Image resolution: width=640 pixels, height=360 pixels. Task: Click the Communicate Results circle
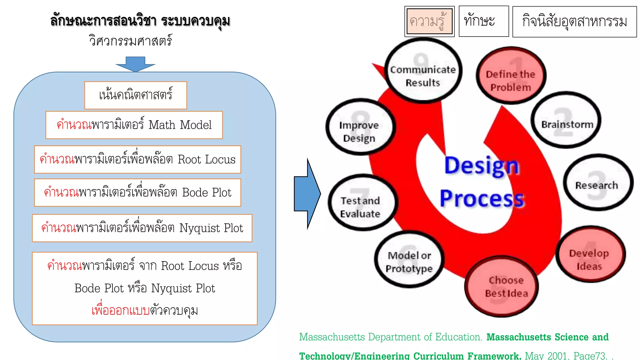click(423, 71)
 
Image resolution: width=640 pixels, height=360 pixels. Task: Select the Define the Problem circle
click(511, 76)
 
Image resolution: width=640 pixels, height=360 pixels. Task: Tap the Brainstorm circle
click(566, 120)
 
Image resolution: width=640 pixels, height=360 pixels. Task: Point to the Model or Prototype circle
click(409, 260)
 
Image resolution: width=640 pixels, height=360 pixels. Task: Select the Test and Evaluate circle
click(362, 203)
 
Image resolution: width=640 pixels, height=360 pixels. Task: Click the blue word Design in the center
click(482, 166)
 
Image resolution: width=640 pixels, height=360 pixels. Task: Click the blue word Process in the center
click(482, 199)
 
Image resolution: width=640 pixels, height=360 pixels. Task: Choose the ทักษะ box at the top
click(483, 21)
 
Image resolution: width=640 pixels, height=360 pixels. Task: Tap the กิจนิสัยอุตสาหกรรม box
click(574, 22)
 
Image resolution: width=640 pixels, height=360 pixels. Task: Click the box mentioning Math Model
click(134, 125)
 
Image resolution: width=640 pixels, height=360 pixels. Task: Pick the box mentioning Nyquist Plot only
click(142, 228)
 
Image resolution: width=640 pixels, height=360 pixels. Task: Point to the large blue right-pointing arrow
click(307, 194)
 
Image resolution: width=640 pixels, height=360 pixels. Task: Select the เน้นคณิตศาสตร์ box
click(136, 95)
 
